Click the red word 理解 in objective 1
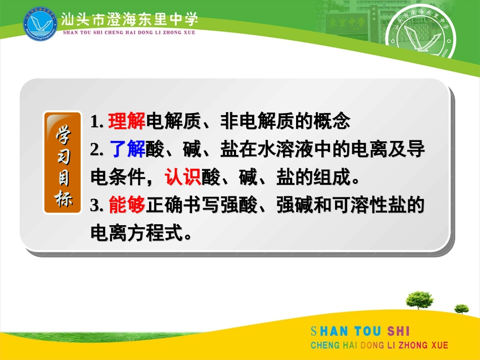click(x=126, y=121)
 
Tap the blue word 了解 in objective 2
click(x=126, y=149)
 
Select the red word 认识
click(x=182, y=178)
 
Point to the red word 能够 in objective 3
click(x=126, y=205)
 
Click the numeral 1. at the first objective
click(x=97, y=122)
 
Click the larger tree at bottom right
click(x=419, y=299)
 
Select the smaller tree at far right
click(x=461, y=307)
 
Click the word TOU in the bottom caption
click(x=368, y=332)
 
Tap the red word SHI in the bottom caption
click(x=399, y=332)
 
